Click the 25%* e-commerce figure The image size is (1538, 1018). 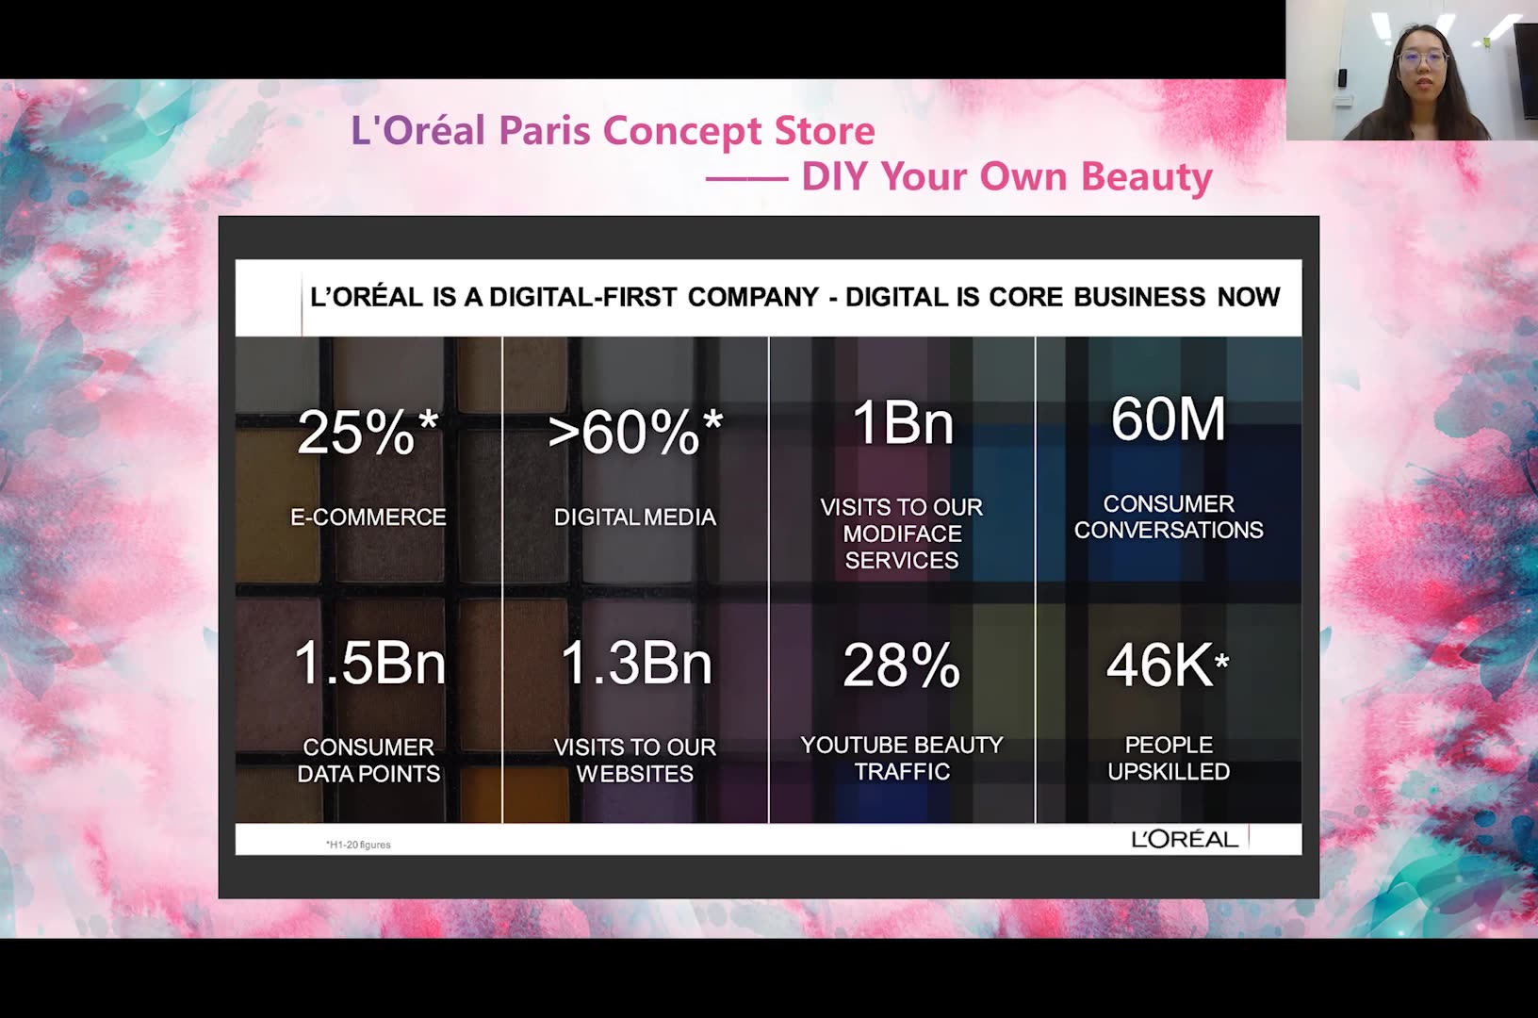368,432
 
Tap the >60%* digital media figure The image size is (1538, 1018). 635,432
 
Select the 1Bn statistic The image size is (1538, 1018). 902,423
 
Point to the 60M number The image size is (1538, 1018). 1168,419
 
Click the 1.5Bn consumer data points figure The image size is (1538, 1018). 369,663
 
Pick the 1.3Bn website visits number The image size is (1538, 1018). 636,663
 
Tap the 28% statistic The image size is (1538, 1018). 902,665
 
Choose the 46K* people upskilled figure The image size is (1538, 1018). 1168,665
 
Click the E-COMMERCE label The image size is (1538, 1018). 368,517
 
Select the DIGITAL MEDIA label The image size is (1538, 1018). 635,517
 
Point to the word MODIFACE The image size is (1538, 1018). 902,534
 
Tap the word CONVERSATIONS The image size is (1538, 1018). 1169,530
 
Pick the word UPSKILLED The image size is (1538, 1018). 1169,771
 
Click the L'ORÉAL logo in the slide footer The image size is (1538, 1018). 1186,839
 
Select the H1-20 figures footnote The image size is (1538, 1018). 358,845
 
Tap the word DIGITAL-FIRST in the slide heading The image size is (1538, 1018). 582,297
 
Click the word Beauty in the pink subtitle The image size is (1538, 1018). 1147,176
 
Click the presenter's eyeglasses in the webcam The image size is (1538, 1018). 1423,59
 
